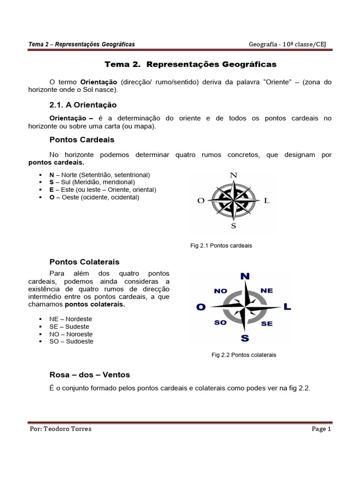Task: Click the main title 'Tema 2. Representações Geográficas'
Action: pyautogui.click(x=190, y=64)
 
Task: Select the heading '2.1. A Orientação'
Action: pyautogui.click(x=82, y=105)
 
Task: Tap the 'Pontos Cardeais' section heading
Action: pyautogui.click(x=82, y=140)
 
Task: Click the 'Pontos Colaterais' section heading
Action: pyautogui.click(x=84, y=262)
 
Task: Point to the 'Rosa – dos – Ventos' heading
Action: pyautogui.click(x=90, y=375)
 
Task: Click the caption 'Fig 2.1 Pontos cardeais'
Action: pyautogui.click(x=221, y=246)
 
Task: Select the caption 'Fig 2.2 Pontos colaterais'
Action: pyautogui.click(x=244, y=355)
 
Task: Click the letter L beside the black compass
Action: pyautogui.click(x=267, y=201)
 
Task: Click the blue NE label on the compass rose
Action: pyautogui.click(x=266, y=291)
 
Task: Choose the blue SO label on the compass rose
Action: pyautogui.click(x=220, y=323)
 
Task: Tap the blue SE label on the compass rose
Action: pyautogui.click(x=267, y=323)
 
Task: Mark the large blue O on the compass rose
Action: pyautogui.click(x=201, y=307)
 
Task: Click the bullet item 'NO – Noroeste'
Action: pyautogui.click(x=71, y=334)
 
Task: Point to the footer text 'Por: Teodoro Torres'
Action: pyautogui.click(x=60, y=429)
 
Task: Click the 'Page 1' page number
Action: pyautogui.click(x=322, y=429)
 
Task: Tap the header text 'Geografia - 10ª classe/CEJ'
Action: pyautogui.click(x=287, y=44)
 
